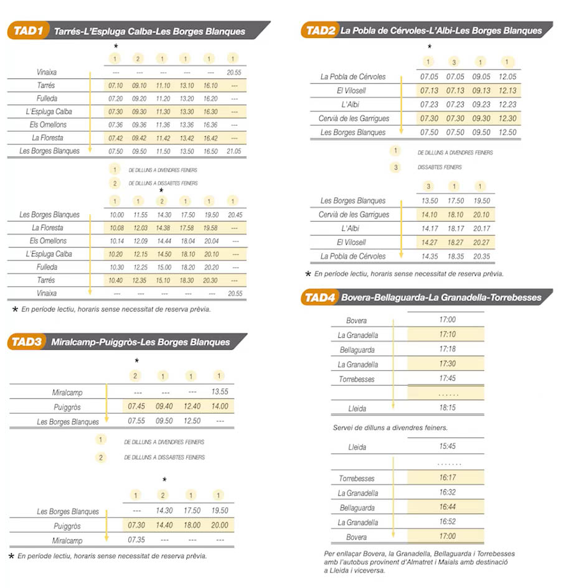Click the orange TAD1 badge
coord(28,30)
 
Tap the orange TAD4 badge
coord(319,297)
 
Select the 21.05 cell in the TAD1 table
coord(234,151)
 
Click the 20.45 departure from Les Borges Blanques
coord(234,215)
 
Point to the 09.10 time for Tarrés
coord(139,86)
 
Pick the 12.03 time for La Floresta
coord(139,228)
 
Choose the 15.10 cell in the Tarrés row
coord(162,280)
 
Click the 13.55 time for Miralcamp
coord(219,393)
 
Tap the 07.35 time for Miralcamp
coord(136,540)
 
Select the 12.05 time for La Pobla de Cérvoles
coord(507,77)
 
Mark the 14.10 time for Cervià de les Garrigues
coord(429,215)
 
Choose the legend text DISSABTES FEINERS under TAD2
coord(440,167)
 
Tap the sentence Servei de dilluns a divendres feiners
coord(390,428)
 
